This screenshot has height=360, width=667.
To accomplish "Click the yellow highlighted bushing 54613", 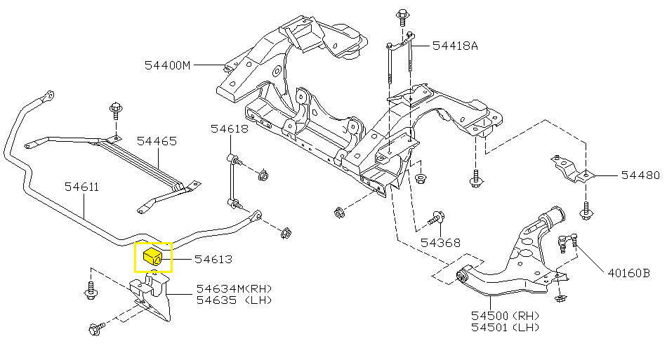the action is pos(153,257).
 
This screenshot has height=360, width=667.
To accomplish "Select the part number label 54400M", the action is pos(168,65).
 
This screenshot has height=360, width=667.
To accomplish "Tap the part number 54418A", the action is pos(455,46).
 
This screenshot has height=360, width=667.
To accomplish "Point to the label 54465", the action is pos(157,141).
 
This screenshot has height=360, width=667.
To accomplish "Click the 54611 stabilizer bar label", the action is pos(81,187).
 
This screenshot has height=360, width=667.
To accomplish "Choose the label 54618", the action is pos(230,128).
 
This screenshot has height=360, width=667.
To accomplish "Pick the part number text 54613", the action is pos(213,259).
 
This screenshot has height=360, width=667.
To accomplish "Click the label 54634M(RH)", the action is pos(234,288).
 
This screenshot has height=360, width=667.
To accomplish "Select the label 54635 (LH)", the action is pos(234,300).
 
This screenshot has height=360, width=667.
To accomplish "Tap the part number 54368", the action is pos(440,243).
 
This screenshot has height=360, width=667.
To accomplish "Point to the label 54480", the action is pos(640,175).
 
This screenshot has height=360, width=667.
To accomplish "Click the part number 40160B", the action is pos(628,273).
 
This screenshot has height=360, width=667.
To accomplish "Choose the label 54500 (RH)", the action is pos(505,316).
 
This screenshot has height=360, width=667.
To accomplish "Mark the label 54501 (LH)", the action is pos(505,327).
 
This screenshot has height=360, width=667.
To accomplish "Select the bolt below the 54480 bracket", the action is pos(586,211).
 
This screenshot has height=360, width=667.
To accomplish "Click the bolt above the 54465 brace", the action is pos(116,109).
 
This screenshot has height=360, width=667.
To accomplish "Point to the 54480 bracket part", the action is pos(572,169).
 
